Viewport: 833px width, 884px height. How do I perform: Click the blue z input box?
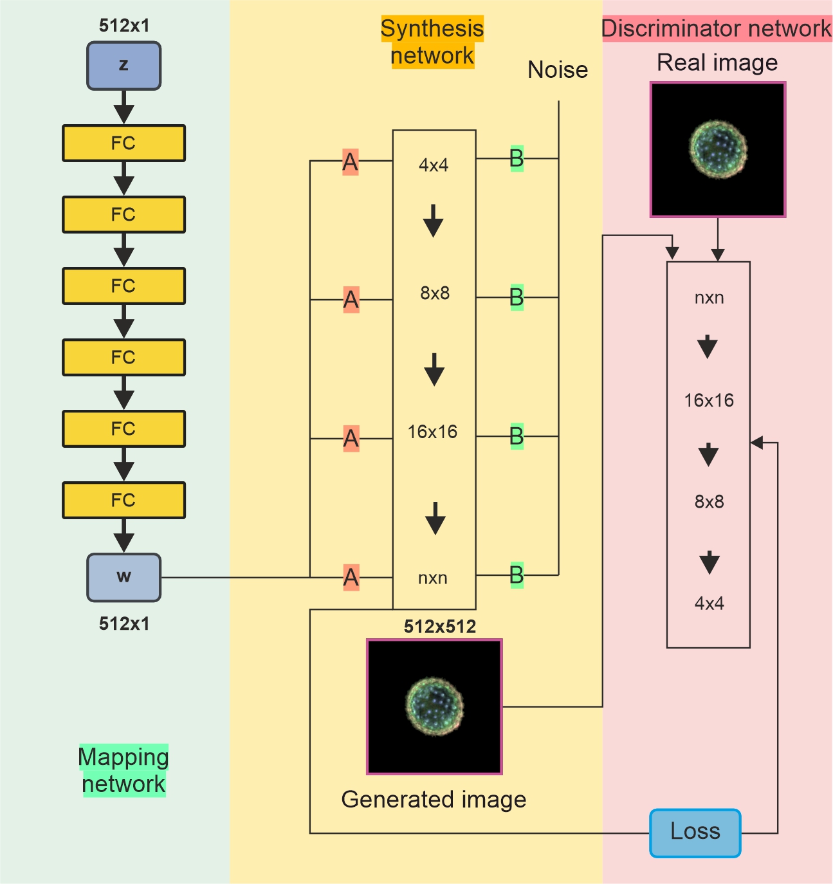tap(124, 66)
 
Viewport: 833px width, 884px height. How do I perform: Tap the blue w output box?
tap(124, 577)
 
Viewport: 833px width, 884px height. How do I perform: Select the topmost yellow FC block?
tap(124, 143)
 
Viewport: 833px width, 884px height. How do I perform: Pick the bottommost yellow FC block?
tap(124, 500)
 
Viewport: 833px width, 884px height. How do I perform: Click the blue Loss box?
tap(695, 833)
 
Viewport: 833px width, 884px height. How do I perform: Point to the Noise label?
tap(558, 69)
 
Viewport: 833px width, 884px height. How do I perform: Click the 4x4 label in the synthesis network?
tap(434, 165)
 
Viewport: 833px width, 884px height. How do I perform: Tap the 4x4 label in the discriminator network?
tap(709, 603)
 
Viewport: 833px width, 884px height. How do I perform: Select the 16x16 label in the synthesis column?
tap(432, 432)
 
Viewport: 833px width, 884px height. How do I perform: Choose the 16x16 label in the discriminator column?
tap(709, 400)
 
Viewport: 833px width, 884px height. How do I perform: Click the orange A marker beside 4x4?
tap(350, 162)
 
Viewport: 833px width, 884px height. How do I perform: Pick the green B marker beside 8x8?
tap(517, 297)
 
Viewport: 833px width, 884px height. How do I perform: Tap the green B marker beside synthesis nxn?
tap(517, 575)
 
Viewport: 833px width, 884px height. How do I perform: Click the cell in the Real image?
tap(718, 150)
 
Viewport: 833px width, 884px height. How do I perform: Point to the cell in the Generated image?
tap(435, 706)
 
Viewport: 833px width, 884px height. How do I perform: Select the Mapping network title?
tap(124, 770)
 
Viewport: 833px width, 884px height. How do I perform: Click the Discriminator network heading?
tap(716, 29)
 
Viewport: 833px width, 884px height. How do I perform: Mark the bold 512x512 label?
tap(440, 627)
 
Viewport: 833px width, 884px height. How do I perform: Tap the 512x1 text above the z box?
tap(124, 26)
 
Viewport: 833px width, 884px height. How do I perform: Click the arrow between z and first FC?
tap(124, 107)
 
